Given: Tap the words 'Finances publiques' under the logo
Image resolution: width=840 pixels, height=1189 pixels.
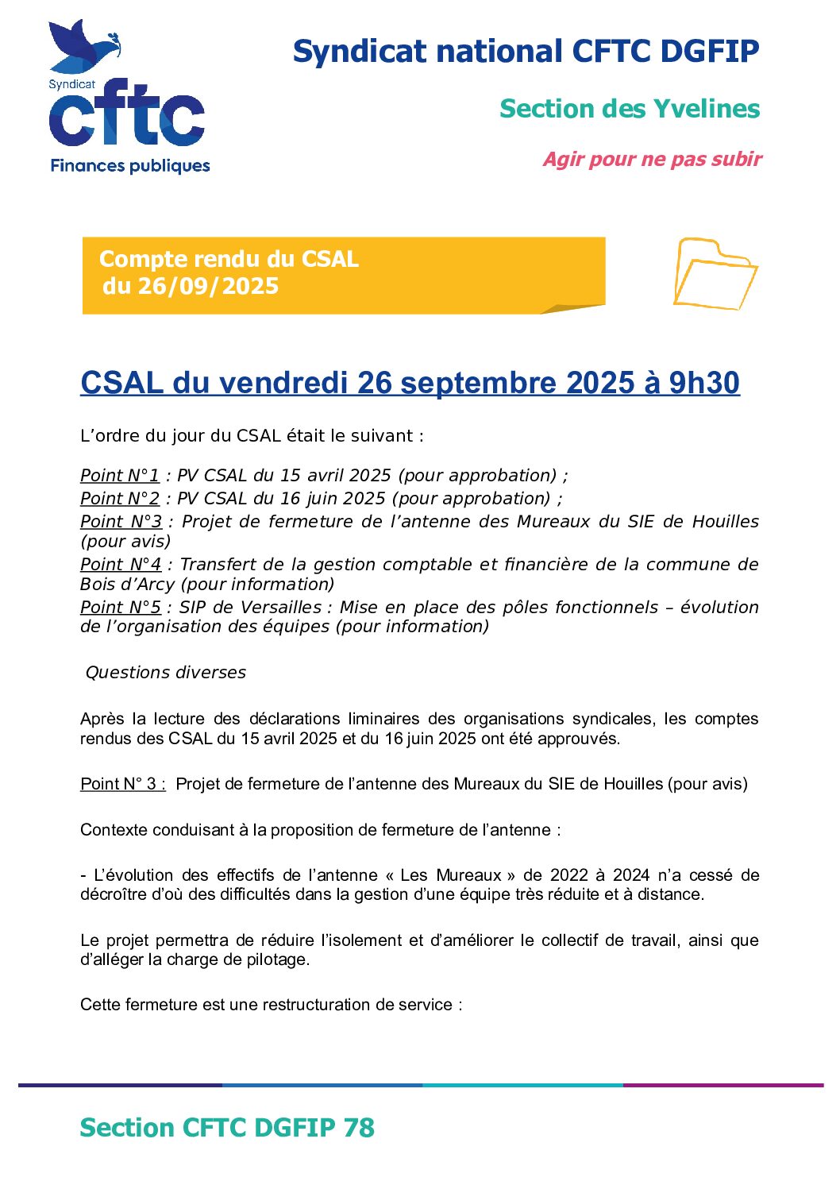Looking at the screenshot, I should tap(130, 166).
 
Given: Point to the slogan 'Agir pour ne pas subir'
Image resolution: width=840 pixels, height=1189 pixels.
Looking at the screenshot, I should tap(652, 160).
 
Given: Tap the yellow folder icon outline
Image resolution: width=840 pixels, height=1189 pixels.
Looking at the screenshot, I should tap(715, 274).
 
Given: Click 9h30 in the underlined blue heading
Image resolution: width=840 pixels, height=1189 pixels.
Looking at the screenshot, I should tap(703, 383).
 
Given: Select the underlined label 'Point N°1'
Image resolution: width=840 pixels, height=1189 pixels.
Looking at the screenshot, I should tap(120, 476).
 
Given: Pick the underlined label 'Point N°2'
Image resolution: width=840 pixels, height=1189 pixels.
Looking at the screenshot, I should tap(120, 499).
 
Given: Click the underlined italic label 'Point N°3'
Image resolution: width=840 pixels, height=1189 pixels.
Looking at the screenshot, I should tap(121, 522).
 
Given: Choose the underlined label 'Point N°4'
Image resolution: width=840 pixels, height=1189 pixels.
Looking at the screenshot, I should tap(121, 565).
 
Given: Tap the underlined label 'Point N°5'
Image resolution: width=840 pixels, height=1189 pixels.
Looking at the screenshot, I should tap(121, 608).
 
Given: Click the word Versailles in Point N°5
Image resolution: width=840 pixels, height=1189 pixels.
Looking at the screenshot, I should tap(281, 608).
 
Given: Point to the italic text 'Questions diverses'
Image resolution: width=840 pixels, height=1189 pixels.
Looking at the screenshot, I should tap(166, 673).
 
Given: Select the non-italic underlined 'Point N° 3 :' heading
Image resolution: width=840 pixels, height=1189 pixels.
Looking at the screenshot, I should tap(123, 784).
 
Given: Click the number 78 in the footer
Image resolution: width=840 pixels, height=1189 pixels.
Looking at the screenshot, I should tap(359, 1128).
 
